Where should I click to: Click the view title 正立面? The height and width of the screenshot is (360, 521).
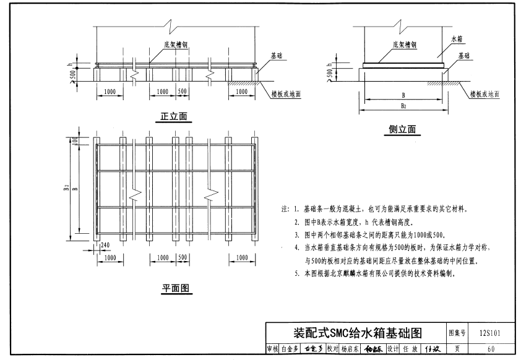(174, 116)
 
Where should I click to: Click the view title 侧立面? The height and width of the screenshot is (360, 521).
(403, 129)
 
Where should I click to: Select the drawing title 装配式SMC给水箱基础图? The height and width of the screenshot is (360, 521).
(357, 333)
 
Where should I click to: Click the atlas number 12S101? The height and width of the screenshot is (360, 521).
(489, 333)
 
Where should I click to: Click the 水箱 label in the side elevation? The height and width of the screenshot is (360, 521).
(455, 38)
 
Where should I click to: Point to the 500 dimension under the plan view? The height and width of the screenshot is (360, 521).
(183, 257)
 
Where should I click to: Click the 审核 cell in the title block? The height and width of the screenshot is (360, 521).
(272, 349)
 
